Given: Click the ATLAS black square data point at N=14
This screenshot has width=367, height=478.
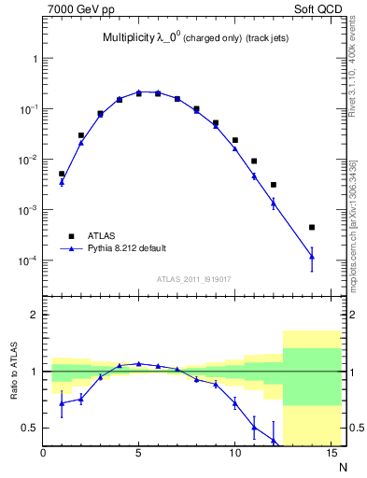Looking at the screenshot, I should [312, 227].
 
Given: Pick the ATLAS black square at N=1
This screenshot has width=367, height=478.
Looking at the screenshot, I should [62, 174].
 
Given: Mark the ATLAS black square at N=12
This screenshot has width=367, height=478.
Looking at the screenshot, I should [274, 185].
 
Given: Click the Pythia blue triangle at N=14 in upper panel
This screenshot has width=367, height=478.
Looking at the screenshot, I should [312, 257].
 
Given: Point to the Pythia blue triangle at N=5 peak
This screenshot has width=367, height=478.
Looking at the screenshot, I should [138, 92].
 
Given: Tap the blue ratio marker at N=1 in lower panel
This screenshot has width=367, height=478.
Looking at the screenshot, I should [62, 403].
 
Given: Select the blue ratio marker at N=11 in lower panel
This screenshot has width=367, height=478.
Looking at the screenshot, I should [254, 428].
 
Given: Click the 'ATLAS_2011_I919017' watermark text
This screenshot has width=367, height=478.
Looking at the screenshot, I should [193, 278].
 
